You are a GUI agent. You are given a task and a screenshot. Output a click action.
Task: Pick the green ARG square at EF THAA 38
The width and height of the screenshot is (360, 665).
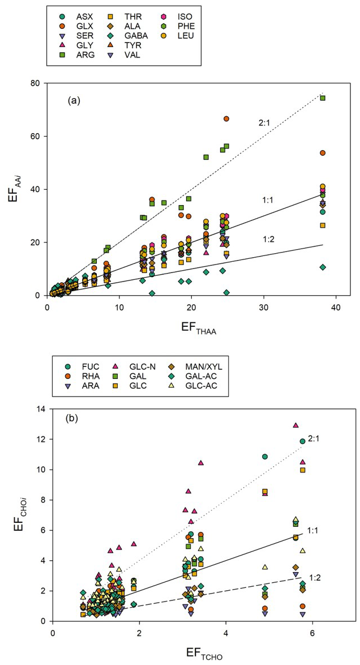pyautogui.click(x=323, y=98)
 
